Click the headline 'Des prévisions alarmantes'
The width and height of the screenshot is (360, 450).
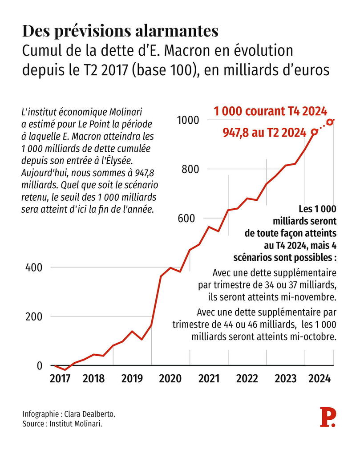pos(120,31)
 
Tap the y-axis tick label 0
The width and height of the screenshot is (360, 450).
pos(39,366)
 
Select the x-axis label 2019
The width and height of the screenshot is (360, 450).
pos(132,379)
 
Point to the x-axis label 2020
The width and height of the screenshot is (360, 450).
pos(170,379)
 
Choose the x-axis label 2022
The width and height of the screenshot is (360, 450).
pos(247,379)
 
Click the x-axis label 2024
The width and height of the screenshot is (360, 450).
pos(319,379)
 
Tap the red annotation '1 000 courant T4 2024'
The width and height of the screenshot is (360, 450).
pos(271,111)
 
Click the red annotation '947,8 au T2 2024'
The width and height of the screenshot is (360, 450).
pos(264,133)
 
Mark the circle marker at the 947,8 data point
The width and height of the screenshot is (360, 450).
pos(315,131)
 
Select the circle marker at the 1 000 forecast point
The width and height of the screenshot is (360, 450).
pos(330,122)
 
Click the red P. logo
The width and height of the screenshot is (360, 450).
pos(328,417)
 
